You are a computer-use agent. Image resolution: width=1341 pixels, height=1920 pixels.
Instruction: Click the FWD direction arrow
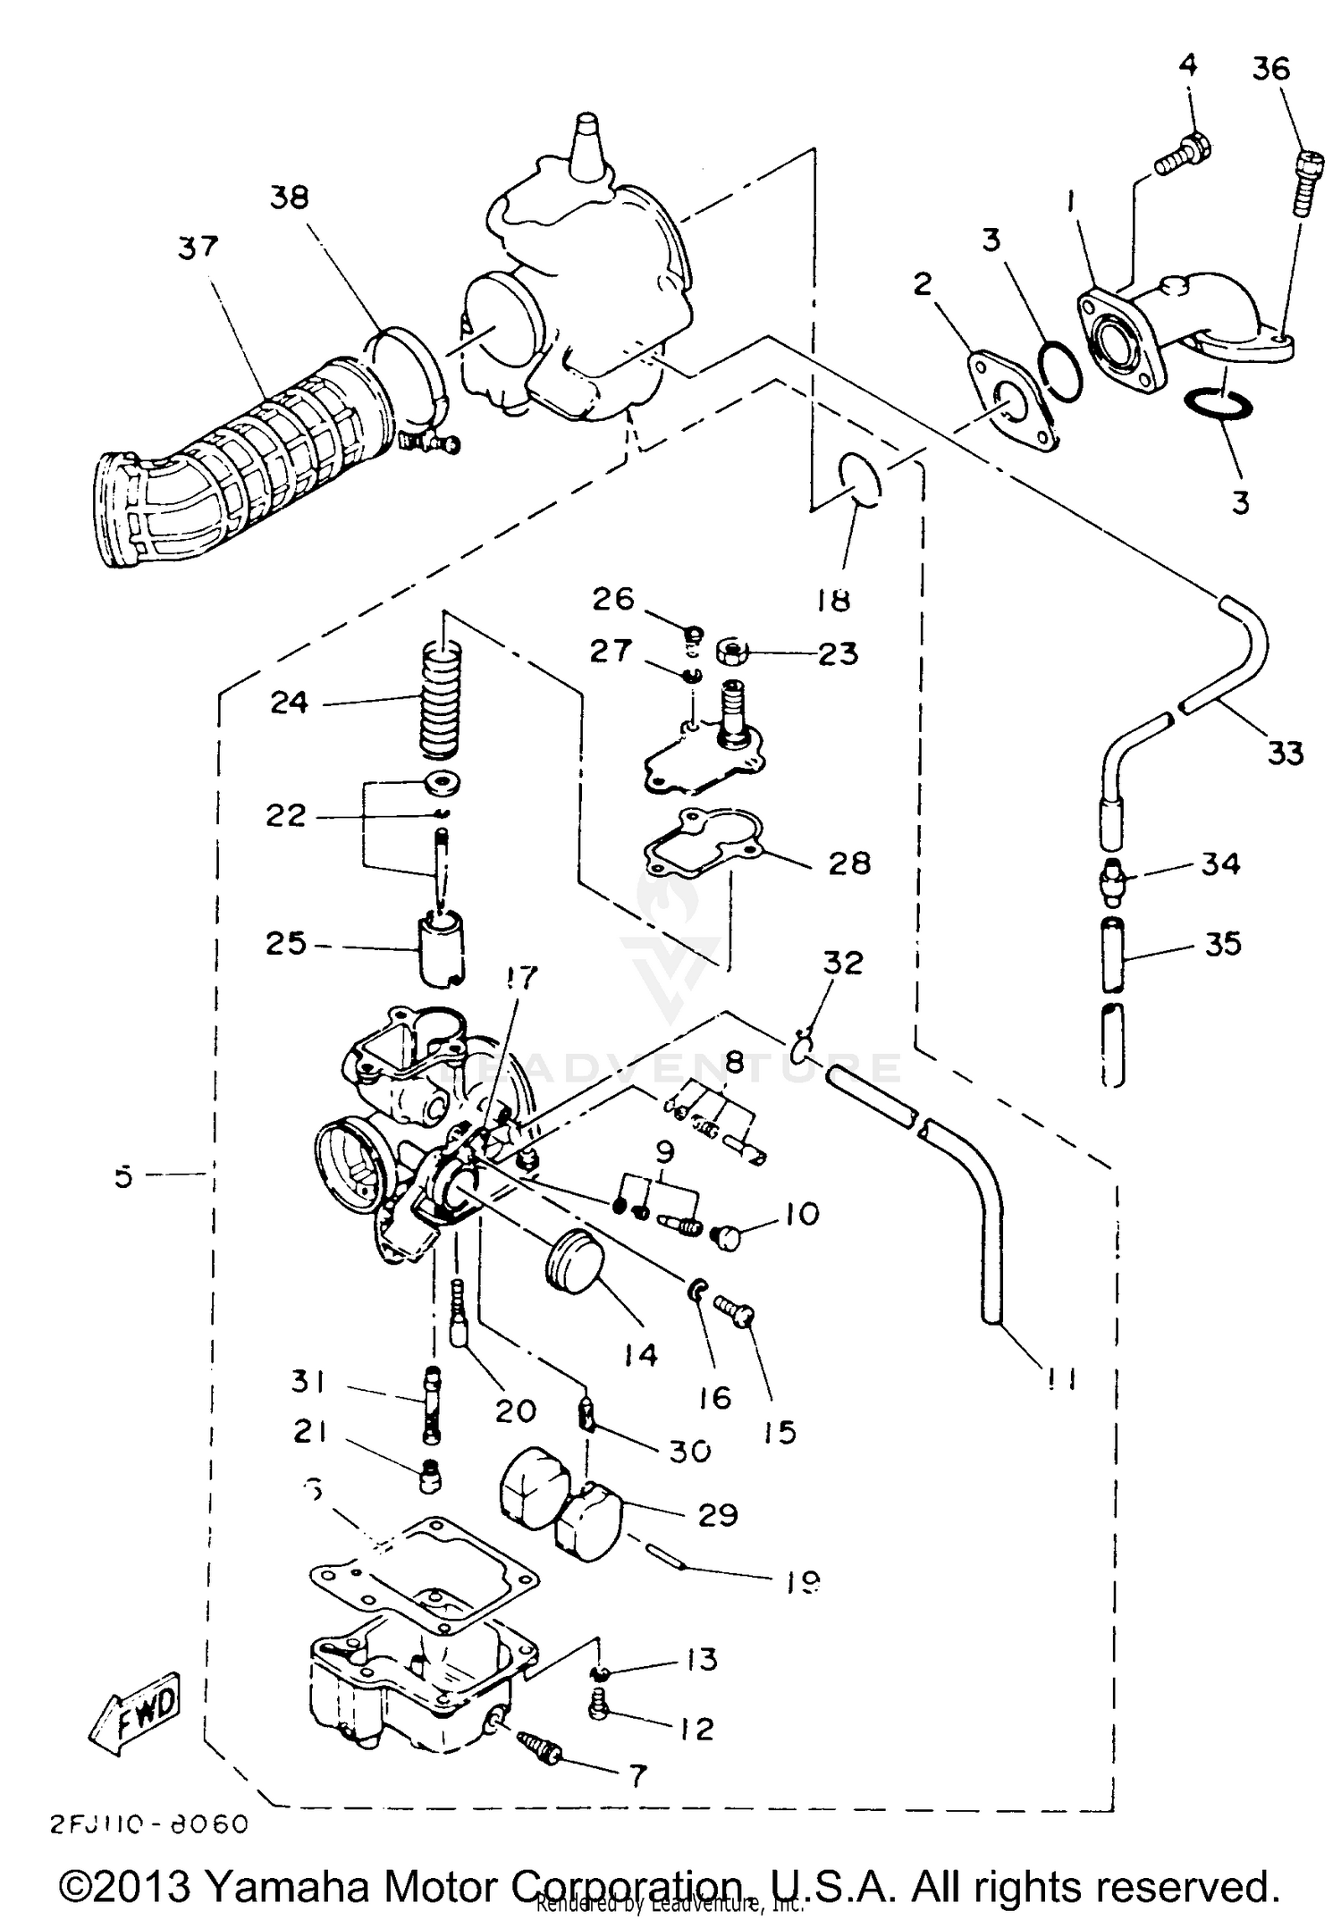135,1712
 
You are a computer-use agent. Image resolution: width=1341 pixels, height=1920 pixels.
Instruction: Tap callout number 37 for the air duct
198,247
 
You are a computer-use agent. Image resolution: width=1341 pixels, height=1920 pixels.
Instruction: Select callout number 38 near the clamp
289,198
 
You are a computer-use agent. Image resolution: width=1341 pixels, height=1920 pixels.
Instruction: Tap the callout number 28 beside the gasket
848,863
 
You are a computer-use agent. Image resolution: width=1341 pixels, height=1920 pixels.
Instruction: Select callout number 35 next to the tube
1223,944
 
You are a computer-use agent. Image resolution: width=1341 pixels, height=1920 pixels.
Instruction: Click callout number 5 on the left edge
123,1176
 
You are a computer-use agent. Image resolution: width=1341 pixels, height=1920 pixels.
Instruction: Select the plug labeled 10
728,1238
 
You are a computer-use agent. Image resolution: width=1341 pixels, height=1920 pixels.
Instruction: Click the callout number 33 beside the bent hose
1285,754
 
